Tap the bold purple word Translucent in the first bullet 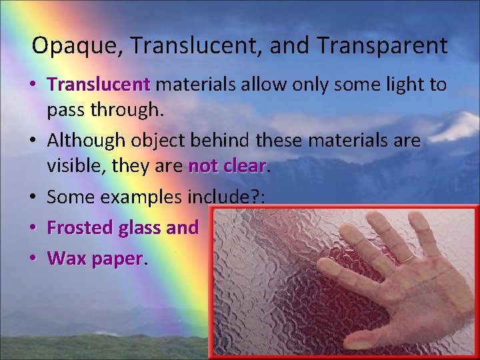[99, 85]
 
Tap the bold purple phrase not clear [227, 165]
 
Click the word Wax [63, 258]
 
